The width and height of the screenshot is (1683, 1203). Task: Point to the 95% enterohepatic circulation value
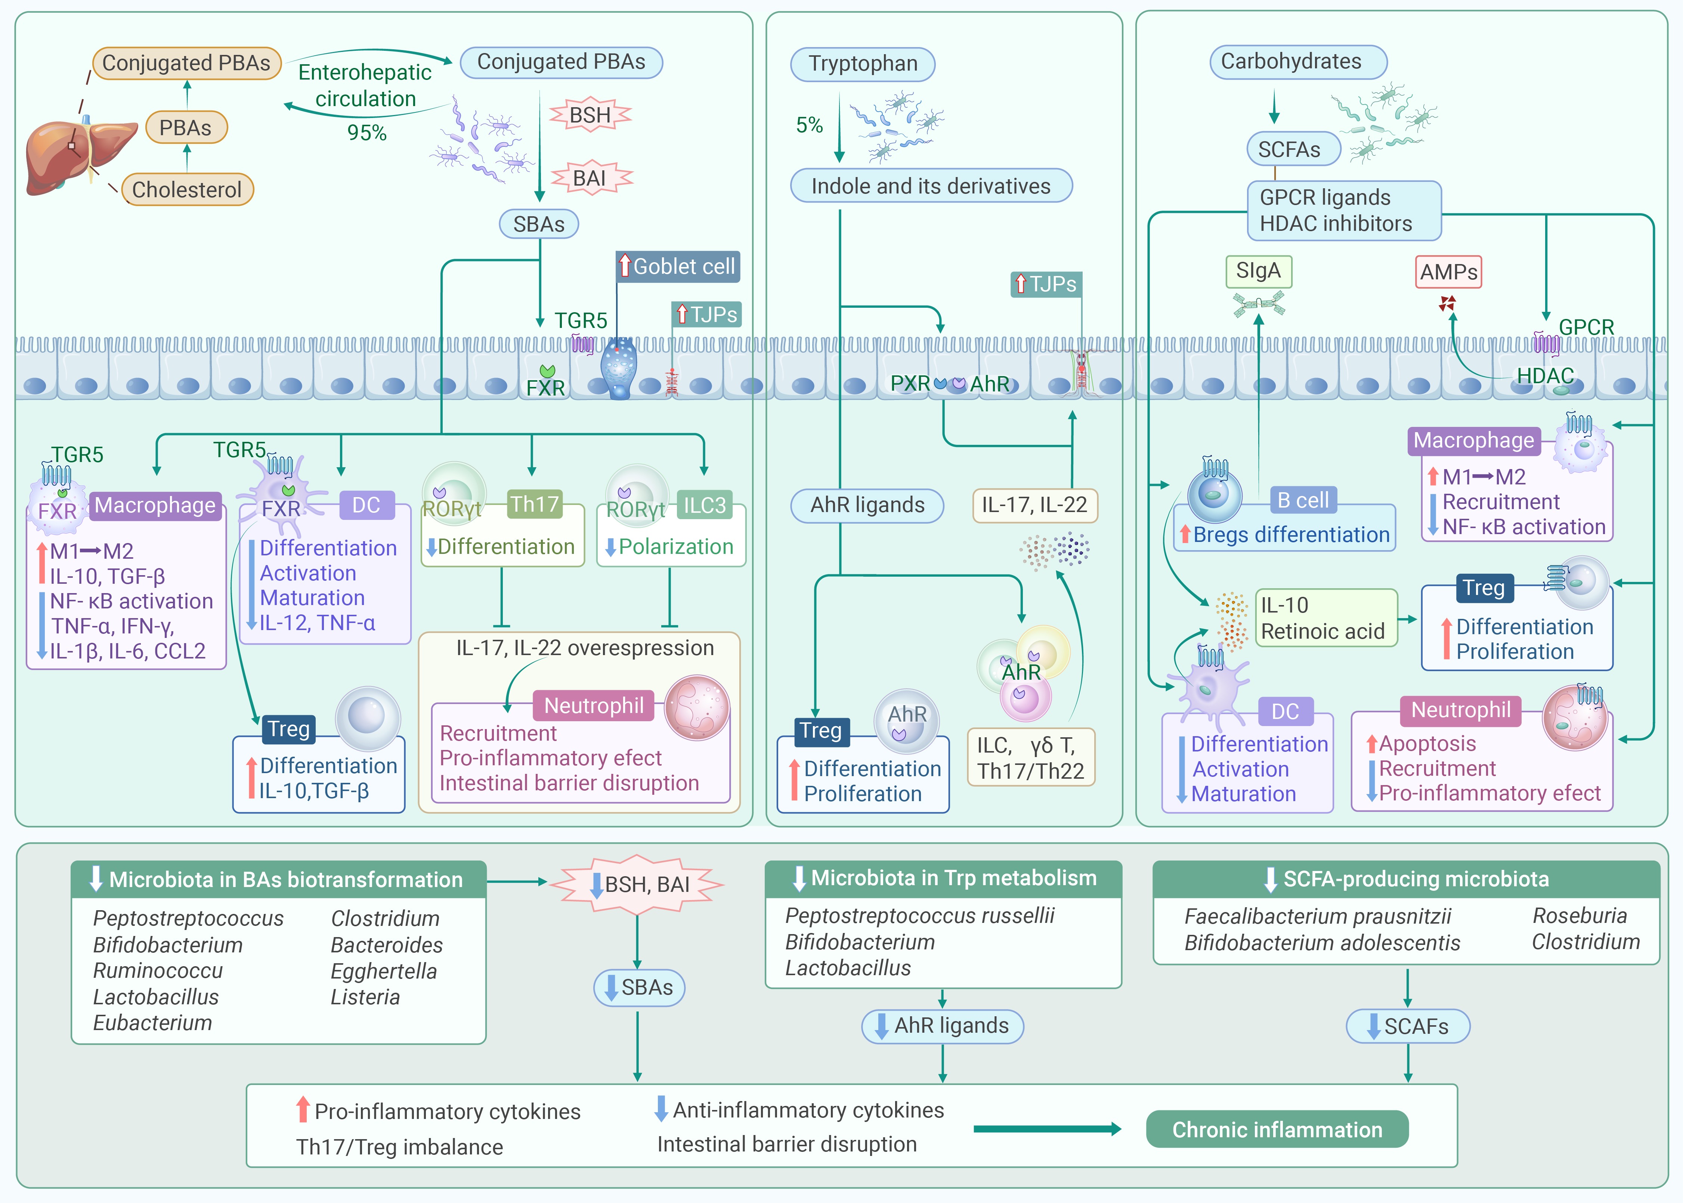(367, 133)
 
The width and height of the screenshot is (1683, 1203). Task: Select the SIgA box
(1258, 271)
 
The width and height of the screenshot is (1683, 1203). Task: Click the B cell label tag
(1303, 501)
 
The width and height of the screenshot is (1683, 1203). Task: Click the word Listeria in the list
(365, 997)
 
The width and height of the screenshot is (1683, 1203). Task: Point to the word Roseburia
(1579, 915)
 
